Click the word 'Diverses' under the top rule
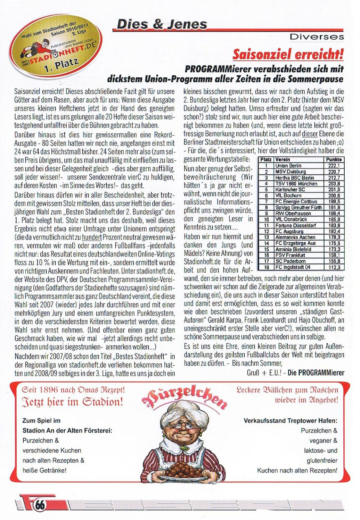[x=317, y=37]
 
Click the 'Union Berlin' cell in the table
[x=288, y=166]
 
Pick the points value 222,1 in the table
[x=334, y=166]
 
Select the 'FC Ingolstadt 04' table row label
[x=293, y=267]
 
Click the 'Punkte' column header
[x=334, y=160]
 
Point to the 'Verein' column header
[x=282, y=160]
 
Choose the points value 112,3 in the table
[x=334, y=267]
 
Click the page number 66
[x=41, y=505]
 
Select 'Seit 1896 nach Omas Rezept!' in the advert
[x=73, y=390]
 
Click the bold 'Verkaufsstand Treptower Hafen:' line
[x=290, y=421]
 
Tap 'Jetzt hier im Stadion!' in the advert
[x=73, y=402]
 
